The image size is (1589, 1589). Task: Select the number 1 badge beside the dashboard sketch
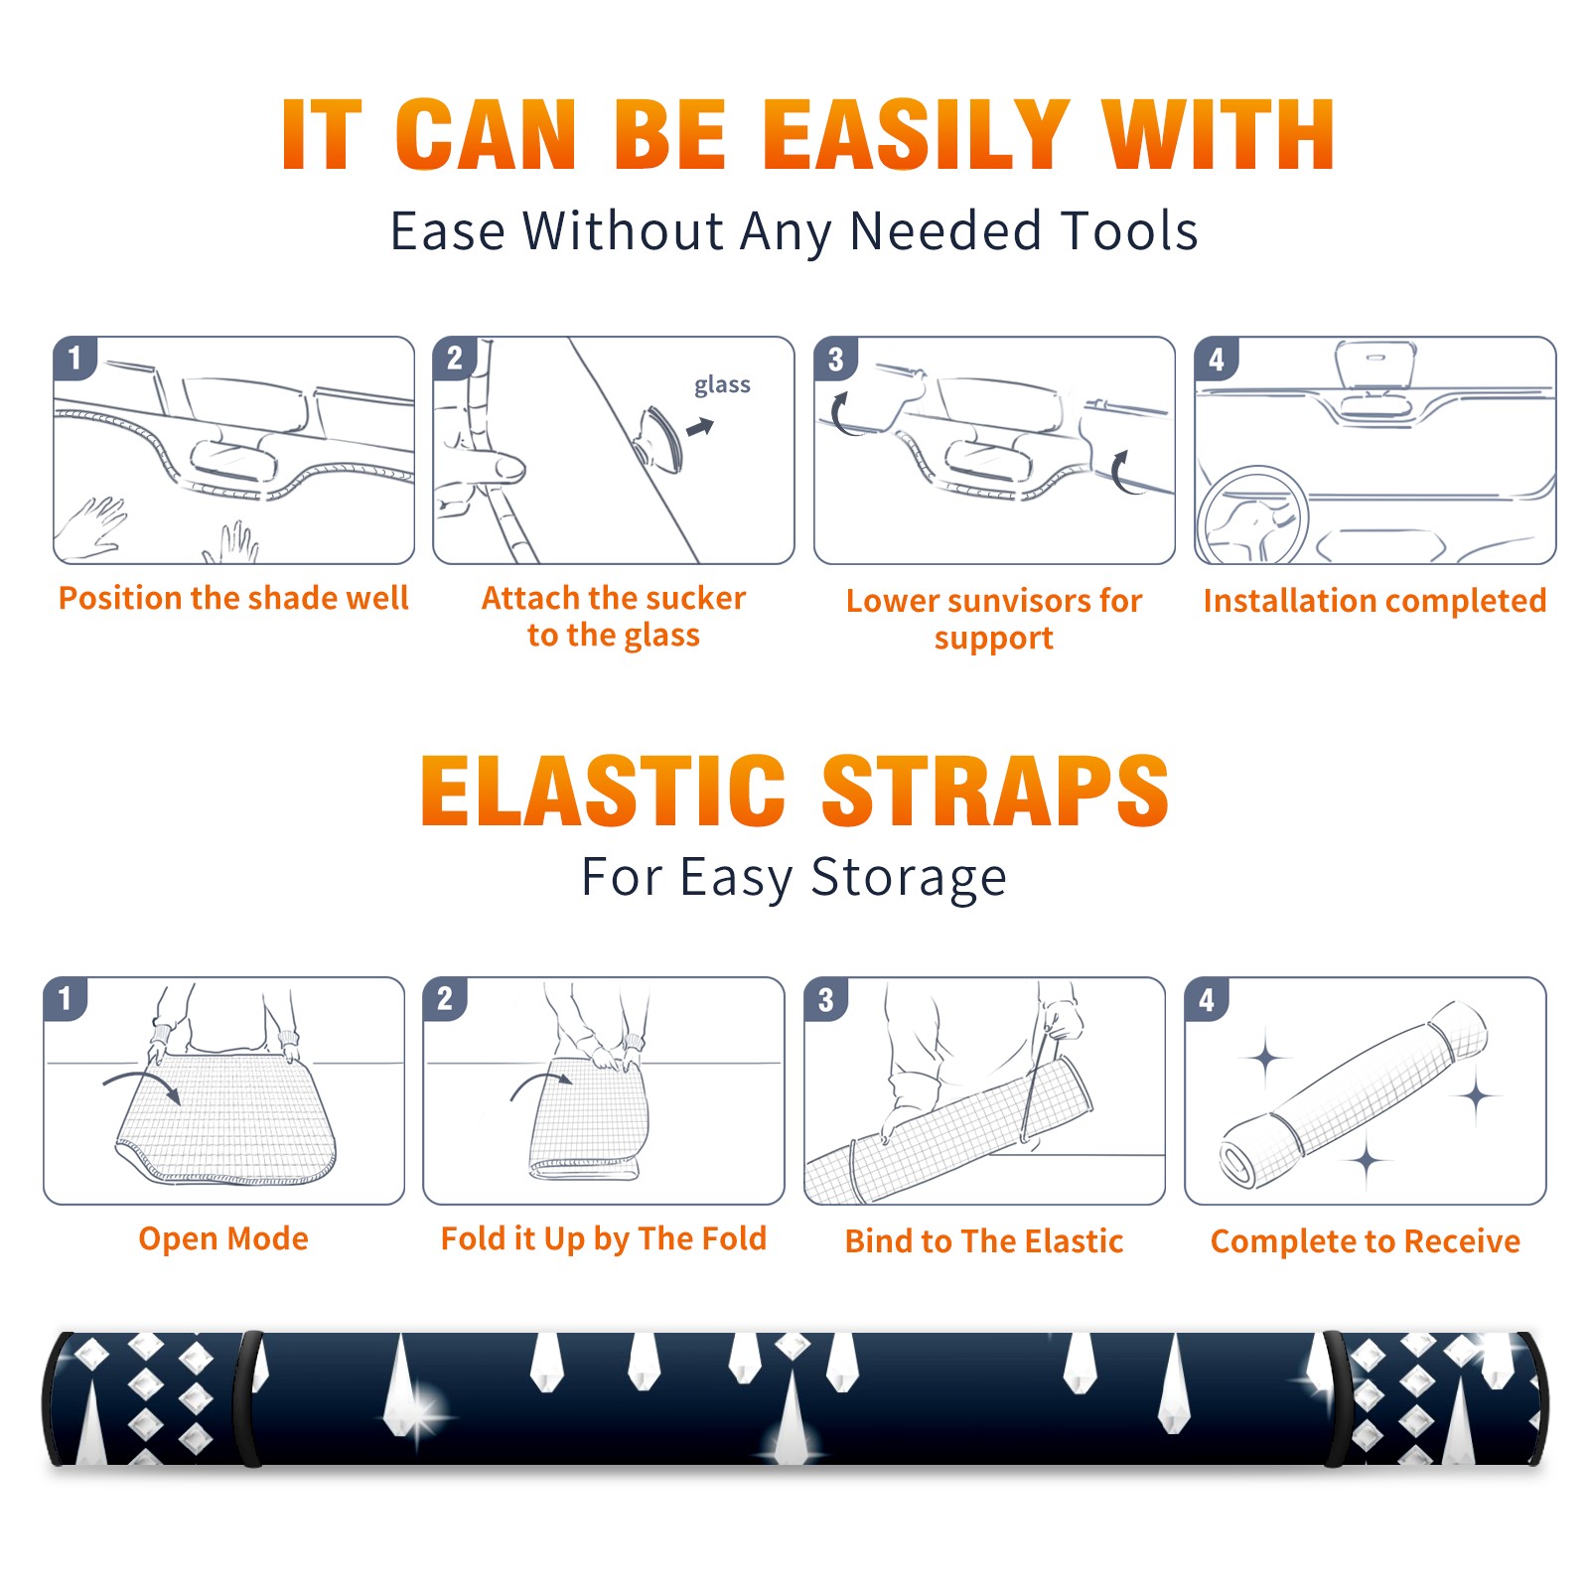click(75, 359)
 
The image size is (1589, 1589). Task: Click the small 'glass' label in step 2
click(722, 385)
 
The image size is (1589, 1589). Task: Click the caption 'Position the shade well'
click(233, 598)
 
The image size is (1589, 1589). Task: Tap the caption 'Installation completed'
click(1374, 601)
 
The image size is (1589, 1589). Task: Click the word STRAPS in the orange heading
click(995, 791)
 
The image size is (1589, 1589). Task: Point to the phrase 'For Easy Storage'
click(794, 878)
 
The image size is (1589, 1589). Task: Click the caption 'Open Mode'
click(223, 1239)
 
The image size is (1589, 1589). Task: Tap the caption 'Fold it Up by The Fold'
click(604, 1239)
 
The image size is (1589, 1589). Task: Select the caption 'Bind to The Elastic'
click(984, 1241)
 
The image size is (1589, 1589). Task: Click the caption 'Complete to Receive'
click(1366, 1241)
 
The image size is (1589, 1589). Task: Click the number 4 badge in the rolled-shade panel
click(1207, 999)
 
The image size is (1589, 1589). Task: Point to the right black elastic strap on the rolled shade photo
click(1337, 1398)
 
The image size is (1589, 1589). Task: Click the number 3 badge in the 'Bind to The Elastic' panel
click(826, 999)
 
